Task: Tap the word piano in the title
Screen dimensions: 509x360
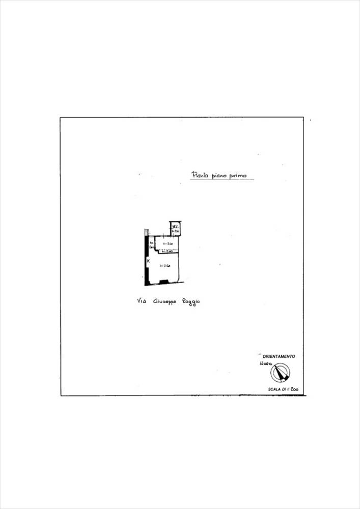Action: (x=216, y=176)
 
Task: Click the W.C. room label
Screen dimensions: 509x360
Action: (x=175, y=227)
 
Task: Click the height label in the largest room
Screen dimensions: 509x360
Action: (x=164, y=266)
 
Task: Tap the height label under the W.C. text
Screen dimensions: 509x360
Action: (x=176, y=231)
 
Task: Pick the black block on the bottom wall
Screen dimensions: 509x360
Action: (x=164, y=281)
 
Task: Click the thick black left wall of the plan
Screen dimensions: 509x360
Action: (x=146, y=265)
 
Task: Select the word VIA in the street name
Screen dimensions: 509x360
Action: (x=142, y=301)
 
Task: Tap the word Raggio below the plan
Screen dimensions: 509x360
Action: (x=191, y=302)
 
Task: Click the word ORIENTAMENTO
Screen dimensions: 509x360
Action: (x=279, y=356)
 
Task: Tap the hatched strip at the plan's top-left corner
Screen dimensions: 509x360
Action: (x=146, y=232)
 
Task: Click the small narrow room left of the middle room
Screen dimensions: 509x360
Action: (x=152, y=245)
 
